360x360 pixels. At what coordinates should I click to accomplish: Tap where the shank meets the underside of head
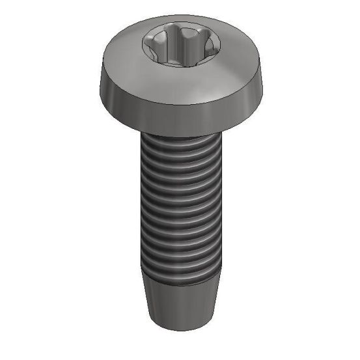[x=180, y=134]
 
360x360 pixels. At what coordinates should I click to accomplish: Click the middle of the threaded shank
[x=180, y=208]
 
